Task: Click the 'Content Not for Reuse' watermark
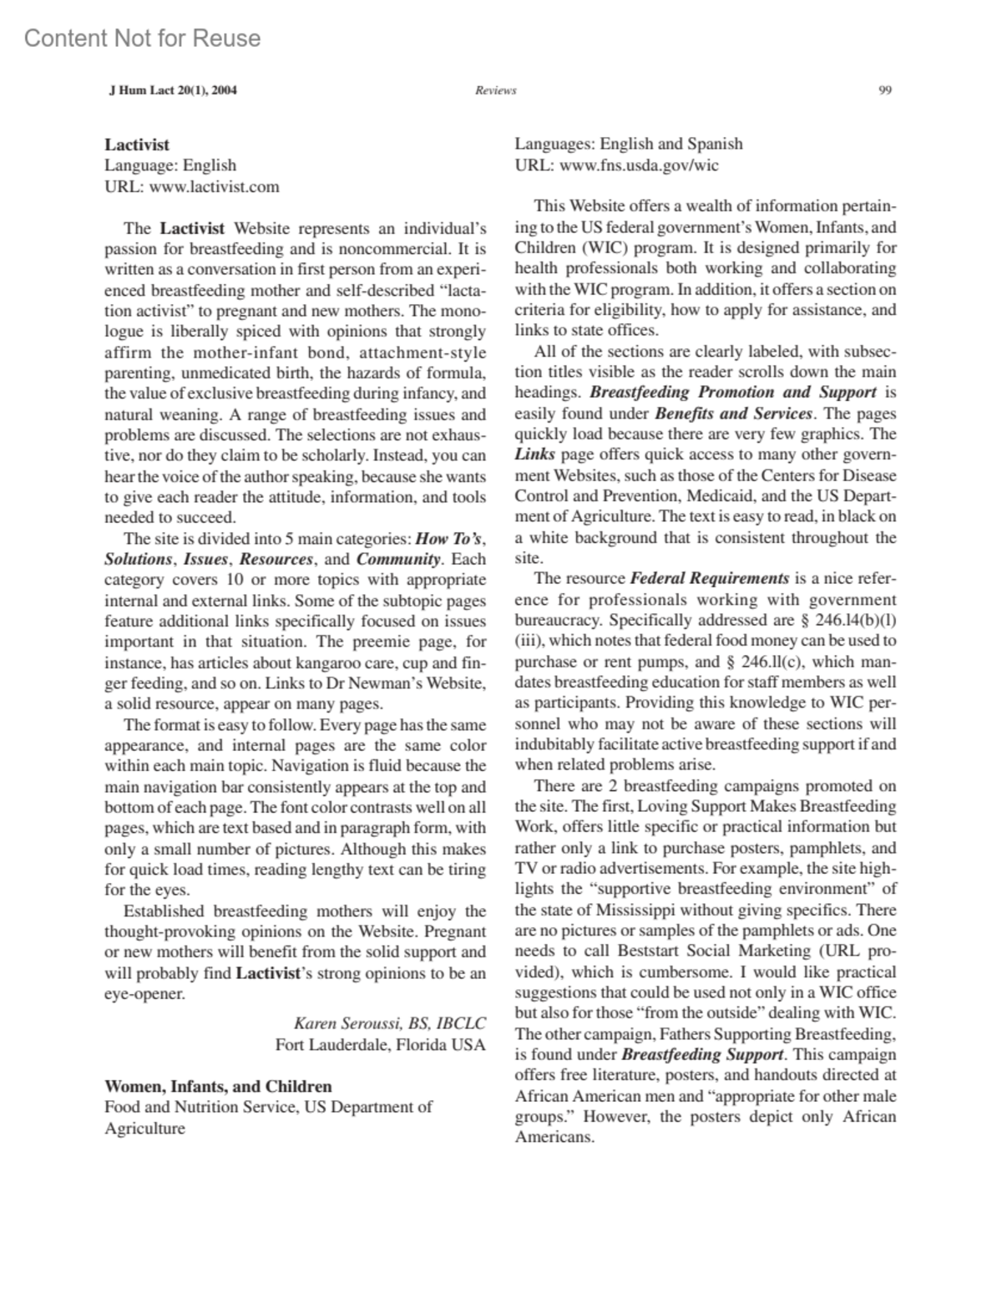click(x=142, y=38)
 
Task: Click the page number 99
click(x=886, y=90)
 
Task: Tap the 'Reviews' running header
click(x=495, y=90)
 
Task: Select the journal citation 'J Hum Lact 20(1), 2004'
click(x=173, y=90)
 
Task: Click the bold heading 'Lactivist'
click(x=137, y=145)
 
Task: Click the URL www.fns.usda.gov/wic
click(x=639, y=165)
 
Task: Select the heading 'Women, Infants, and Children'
click(x=218, y=1086)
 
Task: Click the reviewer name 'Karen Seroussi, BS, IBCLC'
click(x=389, y=1023)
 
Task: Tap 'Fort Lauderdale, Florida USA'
click(x=381, y=1044)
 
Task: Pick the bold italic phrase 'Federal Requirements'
click(x=709, y=578)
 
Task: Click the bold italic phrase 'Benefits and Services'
click(x=733, y=413)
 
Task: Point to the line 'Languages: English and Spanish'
click(x=628, y=144)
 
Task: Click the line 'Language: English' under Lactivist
click(x=170, y=165)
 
